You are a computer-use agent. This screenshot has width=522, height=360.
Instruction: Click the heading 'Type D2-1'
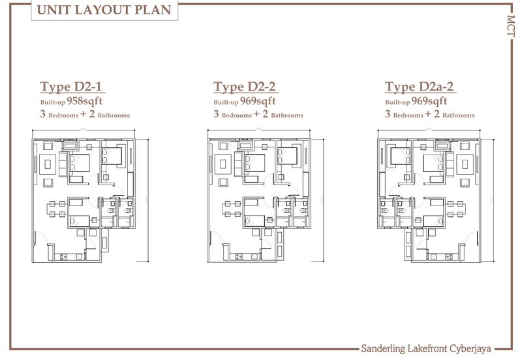click(x=70, y=87)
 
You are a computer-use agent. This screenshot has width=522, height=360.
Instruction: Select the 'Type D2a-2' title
click(x=419, y=87)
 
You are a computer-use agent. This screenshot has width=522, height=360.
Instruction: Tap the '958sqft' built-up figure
click(x=85, y=101)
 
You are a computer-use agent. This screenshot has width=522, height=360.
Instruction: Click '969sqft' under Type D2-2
click(x=258, y=101)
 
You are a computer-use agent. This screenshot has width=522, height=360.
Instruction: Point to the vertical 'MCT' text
click(x=511, y=26)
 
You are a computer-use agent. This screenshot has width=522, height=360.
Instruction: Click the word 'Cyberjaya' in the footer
click(x=470, y=349)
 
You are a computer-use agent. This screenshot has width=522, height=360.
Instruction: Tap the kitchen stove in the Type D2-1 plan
click(x=63, y=256)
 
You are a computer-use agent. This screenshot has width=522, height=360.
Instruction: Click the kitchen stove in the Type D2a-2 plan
click(x=448, y=256)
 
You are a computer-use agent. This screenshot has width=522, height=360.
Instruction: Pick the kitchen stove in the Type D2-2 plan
click(x=239, y=256)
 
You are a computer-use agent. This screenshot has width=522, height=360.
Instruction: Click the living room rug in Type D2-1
click(x=48, y=164)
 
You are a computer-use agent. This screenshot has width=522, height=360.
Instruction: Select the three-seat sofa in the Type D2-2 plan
click(x=238, y=164)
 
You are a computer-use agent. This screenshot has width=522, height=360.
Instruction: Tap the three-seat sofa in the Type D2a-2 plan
click(x=450, y=164)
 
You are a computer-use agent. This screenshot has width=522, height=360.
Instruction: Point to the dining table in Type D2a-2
click(x=455, y=209)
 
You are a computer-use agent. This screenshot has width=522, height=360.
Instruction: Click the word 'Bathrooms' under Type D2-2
click(x=287, y=115)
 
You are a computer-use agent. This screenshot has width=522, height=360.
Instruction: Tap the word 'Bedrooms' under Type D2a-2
click(x=408, y=115)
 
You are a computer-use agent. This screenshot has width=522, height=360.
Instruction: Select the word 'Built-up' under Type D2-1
click(x=53, y=102)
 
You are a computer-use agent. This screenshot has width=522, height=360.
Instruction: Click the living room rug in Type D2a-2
click(x=465, y=164)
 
